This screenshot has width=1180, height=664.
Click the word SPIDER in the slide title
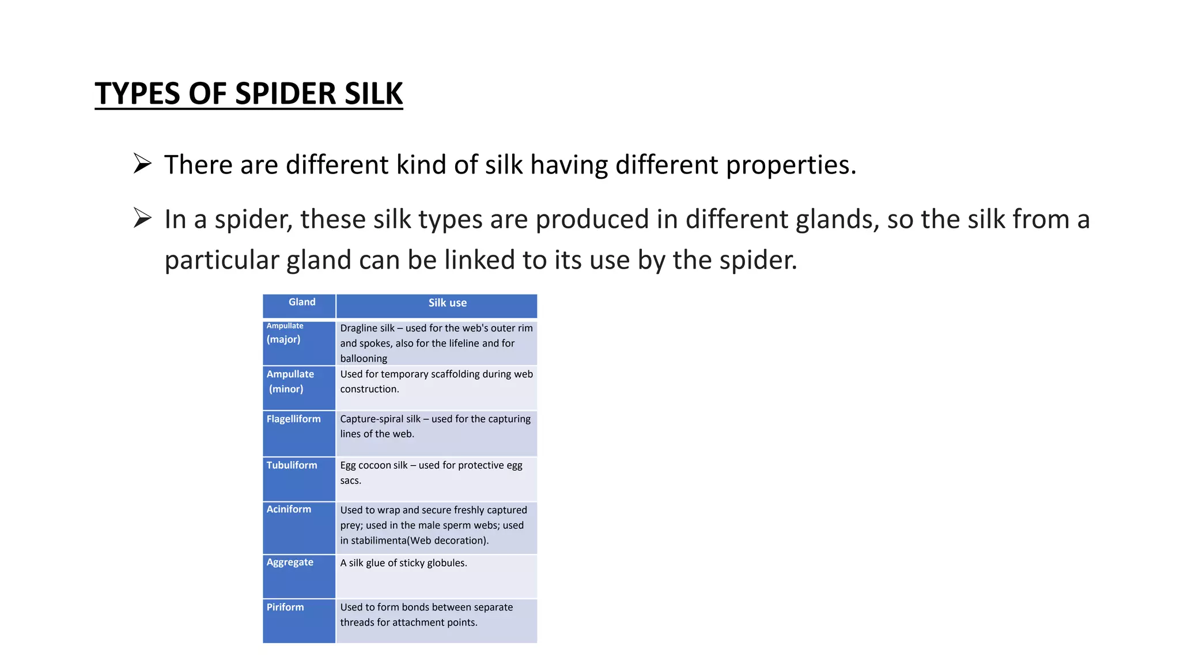[285, 93]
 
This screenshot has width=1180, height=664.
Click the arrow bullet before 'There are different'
[142, 164]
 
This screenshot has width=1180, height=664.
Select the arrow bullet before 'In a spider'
[142, 218]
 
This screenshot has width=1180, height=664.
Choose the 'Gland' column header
[302, 302]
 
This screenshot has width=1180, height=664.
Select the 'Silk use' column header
[447, 303]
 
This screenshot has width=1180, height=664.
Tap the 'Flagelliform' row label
[293, 419]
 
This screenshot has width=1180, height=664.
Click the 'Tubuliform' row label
[292, 465]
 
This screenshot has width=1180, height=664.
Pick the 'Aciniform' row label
[289, 509]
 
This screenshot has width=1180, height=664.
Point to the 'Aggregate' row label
[290, 562]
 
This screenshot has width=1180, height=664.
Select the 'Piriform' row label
[285, 607]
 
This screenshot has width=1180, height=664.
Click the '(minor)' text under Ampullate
[286, 389]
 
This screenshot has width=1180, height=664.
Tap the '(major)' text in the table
[283, 339]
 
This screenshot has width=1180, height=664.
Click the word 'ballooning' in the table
[364, 359]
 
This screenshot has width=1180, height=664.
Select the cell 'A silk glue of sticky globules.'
[403, 563]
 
